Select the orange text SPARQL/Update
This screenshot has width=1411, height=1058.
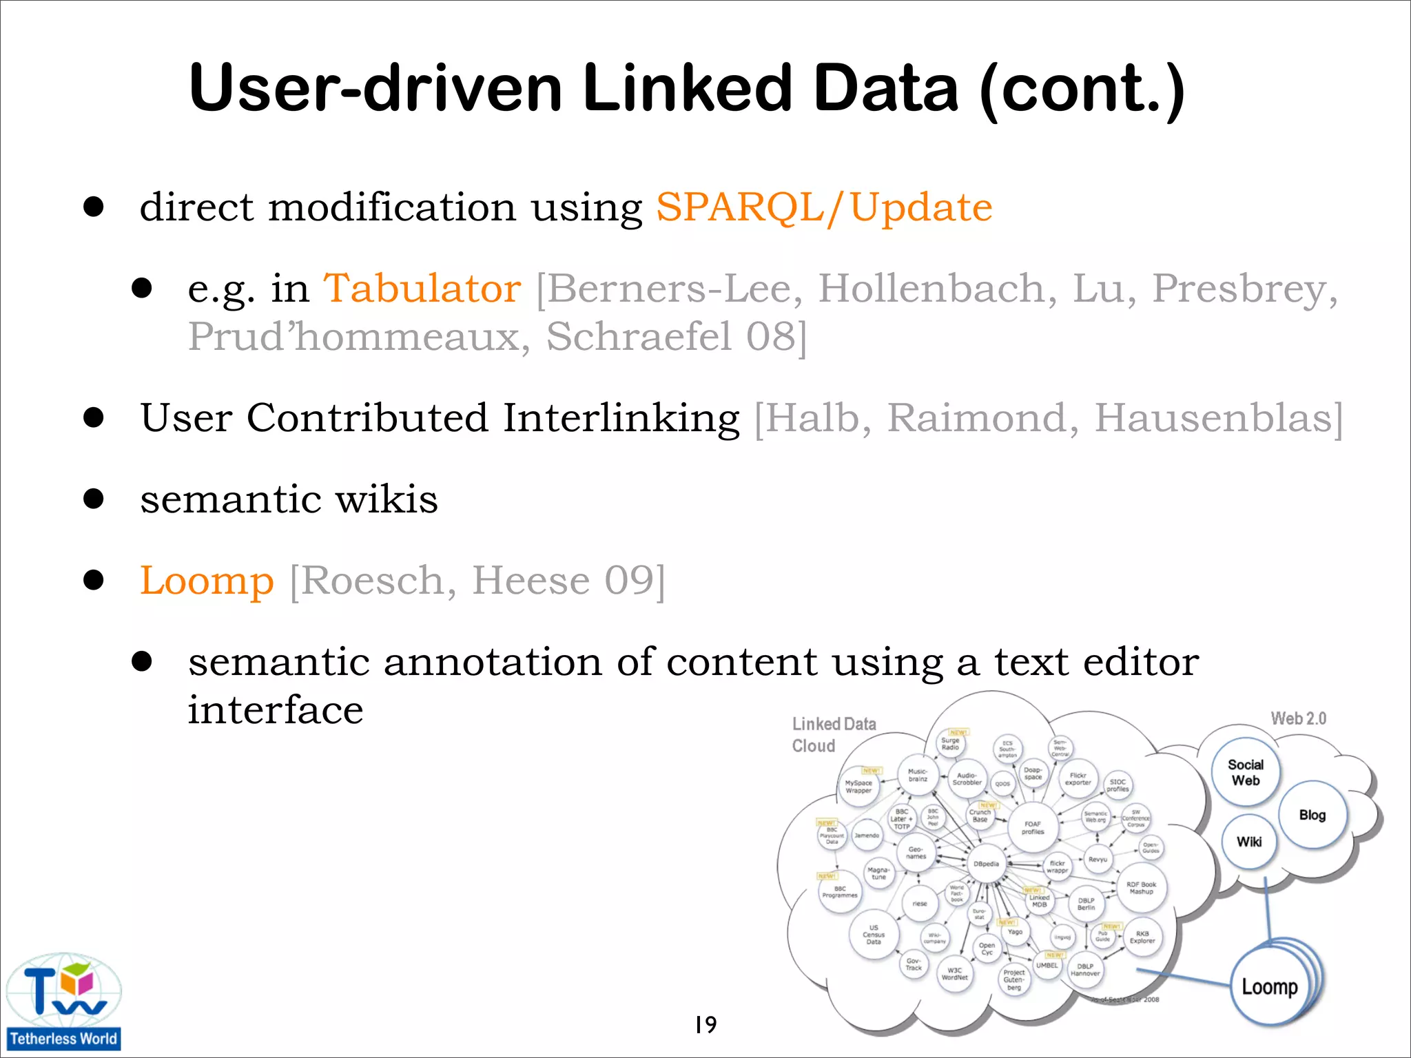(824, 207)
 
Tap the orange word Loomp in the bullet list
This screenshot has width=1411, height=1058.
(207, 581)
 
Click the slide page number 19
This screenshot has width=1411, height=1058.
(705, 1025)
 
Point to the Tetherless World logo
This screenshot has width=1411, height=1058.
(63, 1002)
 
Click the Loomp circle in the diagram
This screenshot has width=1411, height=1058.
(1269, 987)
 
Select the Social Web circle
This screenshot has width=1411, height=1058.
(1246, 773)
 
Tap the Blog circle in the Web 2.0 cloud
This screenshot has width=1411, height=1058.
(1312, 815)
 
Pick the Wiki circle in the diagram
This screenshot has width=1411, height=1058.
(1249, 842)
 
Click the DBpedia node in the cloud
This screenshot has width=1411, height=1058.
(986, 864)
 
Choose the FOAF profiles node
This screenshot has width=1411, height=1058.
(1033, 827)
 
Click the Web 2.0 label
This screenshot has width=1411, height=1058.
(1298, 718)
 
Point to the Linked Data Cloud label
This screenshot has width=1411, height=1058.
(834, 734)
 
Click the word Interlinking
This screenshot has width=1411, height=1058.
(621, 418)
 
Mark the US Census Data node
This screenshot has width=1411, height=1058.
(874, 935)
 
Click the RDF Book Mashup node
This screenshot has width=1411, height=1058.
(1141, 888)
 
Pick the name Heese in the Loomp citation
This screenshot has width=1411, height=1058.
(531, 581)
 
